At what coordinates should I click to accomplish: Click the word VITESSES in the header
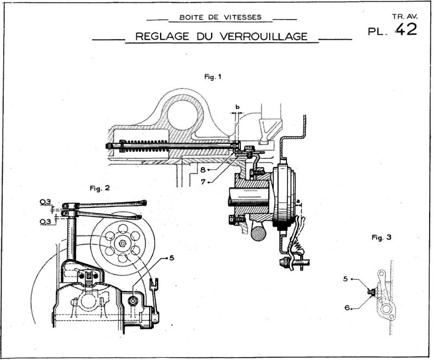click(x=239, y=17)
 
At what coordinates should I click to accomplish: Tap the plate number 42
click(x=406, y=29)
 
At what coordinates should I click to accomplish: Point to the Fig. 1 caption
click(x=213, y=77)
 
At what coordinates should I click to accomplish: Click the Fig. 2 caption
click(x=99, y=188)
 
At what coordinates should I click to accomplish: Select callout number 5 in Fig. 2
click(x=171, y=258)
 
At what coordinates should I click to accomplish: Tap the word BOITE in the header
click(x=190, y=17)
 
